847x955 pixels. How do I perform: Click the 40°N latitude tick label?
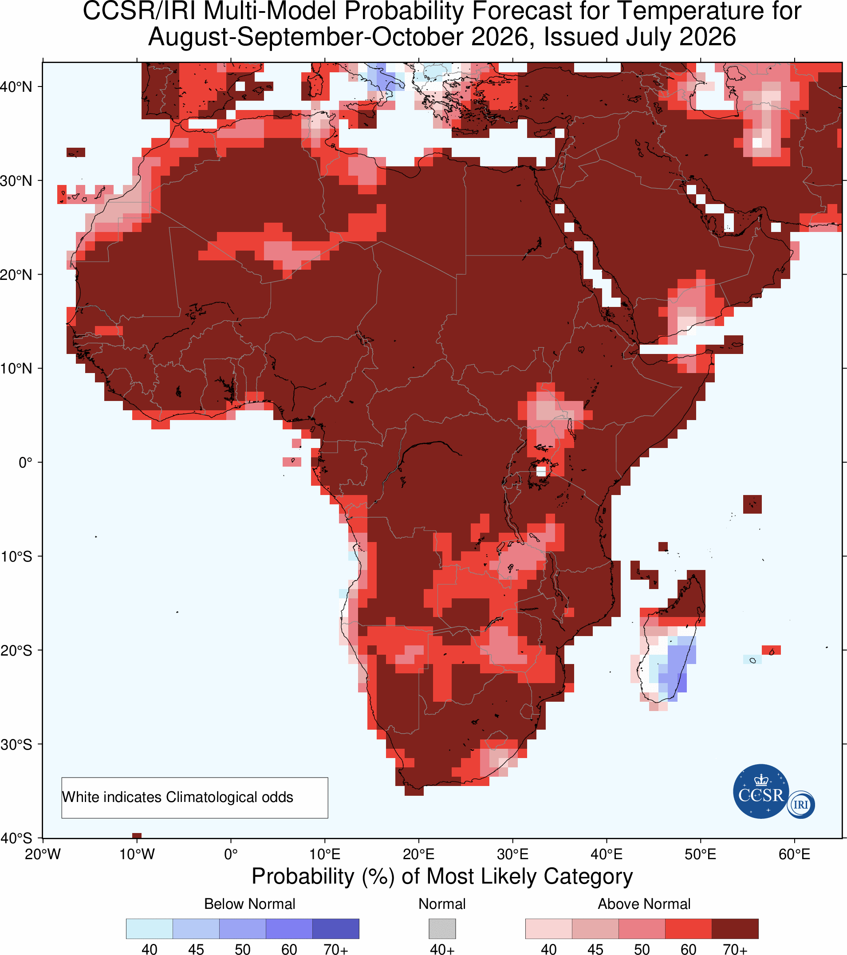tap(16, 87)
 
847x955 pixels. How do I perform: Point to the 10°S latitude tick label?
tap(16, 557)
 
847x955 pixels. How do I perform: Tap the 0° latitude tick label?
tap(25, 463)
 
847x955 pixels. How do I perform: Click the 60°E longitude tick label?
tap(795, 854)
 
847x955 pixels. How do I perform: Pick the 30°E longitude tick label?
tap(513, 854)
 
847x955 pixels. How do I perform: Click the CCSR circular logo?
tap(761, 791)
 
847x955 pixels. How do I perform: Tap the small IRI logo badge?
tap(801, 805)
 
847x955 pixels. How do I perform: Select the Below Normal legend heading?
tap(250, 904)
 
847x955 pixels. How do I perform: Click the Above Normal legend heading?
tap(644, 904)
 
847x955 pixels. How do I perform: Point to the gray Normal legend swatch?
tap(442, 929)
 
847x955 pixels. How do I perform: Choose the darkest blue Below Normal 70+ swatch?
tap(335, 929)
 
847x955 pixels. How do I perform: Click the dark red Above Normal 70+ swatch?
tap(735, 929)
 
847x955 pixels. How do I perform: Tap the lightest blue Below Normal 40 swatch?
tap(150, 929)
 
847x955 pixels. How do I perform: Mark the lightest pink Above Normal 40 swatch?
tap(549, 929)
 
